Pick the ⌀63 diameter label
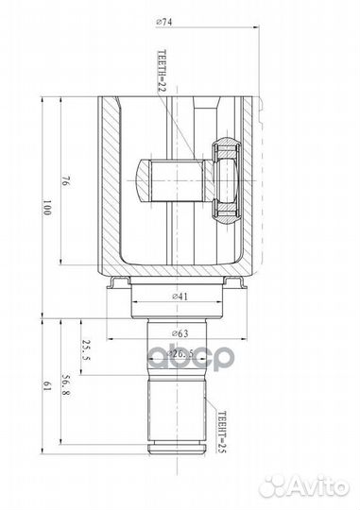coord(180,332)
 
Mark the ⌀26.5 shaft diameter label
coord(180,354)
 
